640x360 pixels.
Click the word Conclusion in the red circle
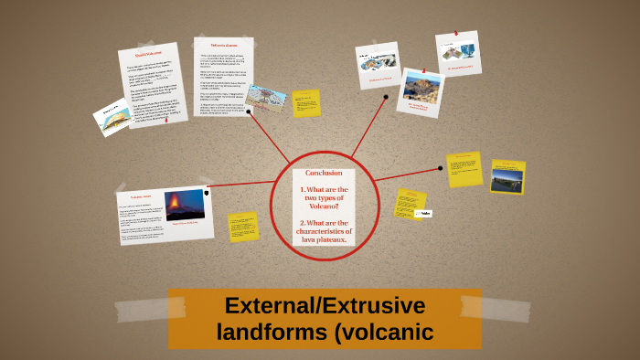pyautogui.click(x=324, y=173)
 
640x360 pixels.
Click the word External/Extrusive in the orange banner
pyautogui.click(x=325, y=306)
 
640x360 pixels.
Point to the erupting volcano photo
pyautogui.click(x=185, y=205)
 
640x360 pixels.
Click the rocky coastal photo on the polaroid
pyautogui.click(x=421, y=87)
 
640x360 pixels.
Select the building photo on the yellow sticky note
pyautogui.click(x=507, y=177)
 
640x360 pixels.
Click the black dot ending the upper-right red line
pyautogui.click(x=387, y=97)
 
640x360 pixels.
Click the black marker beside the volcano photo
pyautogui.click(x=208, y=194)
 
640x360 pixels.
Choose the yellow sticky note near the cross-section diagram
pyautogui.click(x=306, y=103)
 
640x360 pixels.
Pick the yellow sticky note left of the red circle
pyautogui.click(x=243, y=226)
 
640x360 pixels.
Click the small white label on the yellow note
pyautogui.click(x=423, y=212)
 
